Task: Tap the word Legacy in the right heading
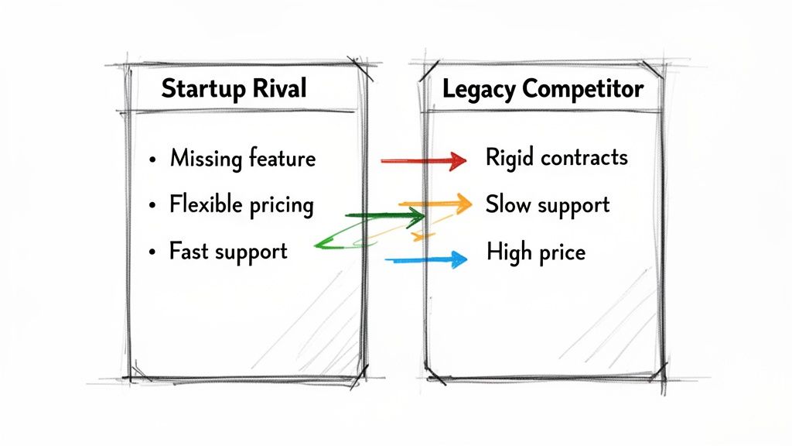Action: pyautogui.click(x=480, y=90)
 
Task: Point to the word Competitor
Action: pyautogui.click(x=583, y=90)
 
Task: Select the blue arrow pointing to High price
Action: pyautogui.click(x=426, y=260)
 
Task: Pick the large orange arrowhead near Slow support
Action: pyautogui.click(x=461, y=204)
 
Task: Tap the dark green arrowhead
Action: pyautogui.click(x=415, y=218)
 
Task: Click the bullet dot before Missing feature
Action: pyautogui.click(x=152, y=160)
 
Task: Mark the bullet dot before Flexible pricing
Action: pyautogui.click(x=152, y=206)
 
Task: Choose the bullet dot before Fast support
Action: pyautogui.click(x=152, y=252)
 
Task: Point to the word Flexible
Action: pyautogui.click(x=206, y=204)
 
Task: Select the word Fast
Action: pyautogui.click(x=189, y=251)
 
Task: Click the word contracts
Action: pyautogui.click(x=585, y=158)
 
